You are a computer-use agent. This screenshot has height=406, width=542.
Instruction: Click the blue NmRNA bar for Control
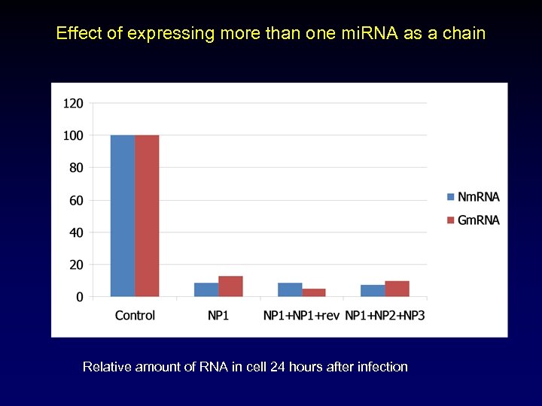[x=123, y=216]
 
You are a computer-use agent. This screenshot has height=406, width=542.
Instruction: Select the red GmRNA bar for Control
[x=147, y=216]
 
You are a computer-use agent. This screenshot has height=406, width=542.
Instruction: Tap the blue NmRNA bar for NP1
[x=206, y=289]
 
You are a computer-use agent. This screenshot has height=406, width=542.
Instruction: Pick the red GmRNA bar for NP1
[x=230, y=286]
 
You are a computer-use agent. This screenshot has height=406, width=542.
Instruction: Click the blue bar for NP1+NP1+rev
[x=290, y=289]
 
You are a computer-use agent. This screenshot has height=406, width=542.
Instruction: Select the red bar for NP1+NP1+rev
[x=314, y=292]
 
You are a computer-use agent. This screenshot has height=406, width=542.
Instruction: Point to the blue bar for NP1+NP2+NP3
[x=373, y=290]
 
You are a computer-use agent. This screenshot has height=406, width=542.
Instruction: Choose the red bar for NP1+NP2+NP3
[x=397, y=289]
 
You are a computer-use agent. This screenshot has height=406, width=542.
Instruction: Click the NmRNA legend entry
[x=473, y=197]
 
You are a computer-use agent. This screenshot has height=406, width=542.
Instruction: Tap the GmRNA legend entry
[x=473, y=220]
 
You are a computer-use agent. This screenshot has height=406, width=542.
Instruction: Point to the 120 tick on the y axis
[x=74, y=103]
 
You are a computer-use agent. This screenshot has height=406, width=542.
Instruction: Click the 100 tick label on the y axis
[x=74, y=135]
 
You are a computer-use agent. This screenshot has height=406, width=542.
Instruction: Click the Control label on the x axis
[x=135, y=315]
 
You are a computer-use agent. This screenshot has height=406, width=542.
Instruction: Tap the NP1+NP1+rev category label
[x=301, y=315]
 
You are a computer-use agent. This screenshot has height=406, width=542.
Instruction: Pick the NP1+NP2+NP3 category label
[x=385, y=315]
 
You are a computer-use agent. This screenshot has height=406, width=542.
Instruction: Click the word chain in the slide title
[x=467, y=34]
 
